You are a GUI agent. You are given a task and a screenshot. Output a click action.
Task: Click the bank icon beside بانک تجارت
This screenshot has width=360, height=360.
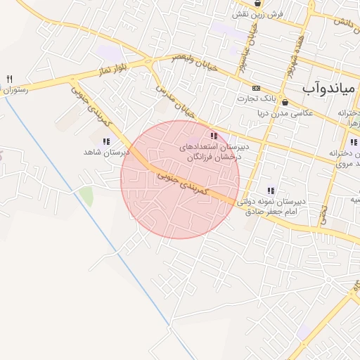click(256, 89)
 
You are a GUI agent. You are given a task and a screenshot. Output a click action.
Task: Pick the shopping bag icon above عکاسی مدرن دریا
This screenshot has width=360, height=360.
click(284, 101)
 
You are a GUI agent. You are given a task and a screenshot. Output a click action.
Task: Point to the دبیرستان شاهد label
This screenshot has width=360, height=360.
click(107, 152)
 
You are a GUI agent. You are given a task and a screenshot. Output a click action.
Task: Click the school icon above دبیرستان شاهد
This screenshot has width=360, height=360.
click(106, 141)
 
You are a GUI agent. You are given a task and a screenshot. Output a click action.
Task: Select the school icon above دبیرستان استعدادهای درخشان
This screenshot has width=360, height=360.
click(214, 136)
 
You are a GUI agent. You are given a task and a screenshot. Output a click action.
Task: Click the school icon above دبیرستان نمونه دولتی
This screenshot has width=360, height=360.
click(270, 190)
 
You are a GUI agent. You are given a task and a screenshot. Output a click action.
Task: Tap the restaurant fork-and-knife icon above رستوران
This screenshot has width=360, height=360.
click(9, 79)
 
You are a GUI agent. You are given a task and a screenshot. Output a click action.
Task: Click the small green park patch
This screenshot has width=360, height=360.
click(86, 195)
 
